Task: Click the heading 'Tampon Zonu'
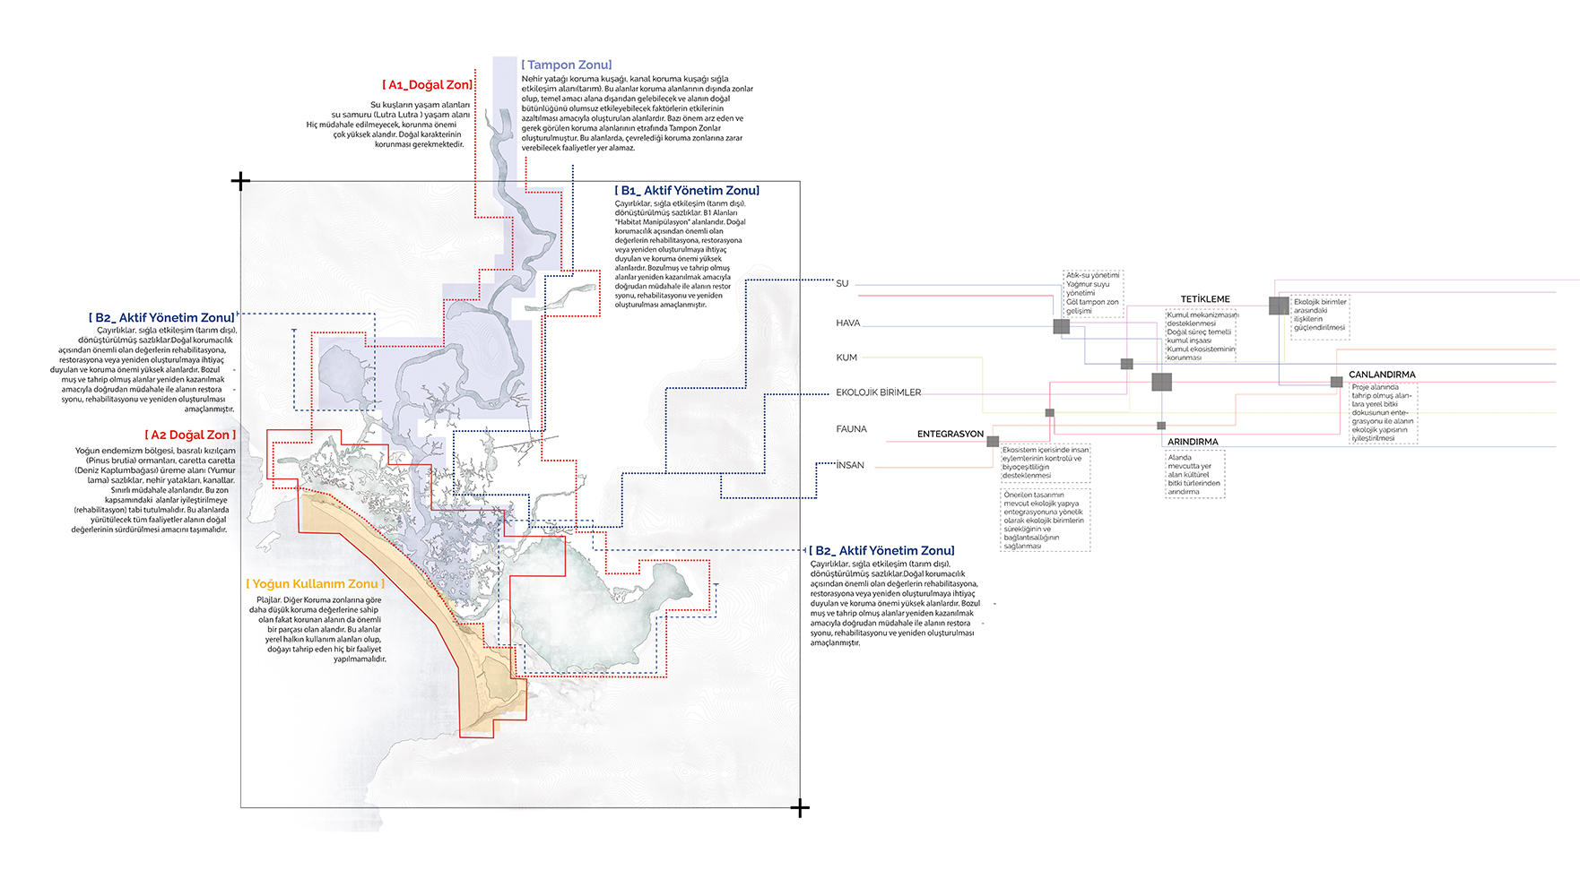[567, 65]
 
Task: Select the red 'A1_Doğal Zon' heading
[427, 84]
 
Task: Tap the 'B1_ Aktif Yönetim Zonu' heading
[687, 190]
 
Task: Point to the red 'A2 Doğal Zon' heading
[190, 435]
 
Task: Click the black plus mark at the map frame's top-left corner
[240, 181]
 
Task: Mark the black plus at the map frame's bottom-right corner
[800, 808]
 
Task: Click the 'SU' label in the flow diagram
[842, 283]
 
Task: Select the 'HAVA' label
[847, 323]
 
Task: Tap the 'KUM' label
[846, 358]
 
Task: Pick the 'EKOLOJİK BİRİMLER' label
[878, 392]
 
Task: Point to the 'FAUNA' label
[851, 429]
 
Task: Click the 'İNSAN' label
[850, 465]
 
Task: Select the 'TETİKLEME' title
[1205, 299]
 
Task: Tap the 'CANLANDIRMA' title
[1382, 375]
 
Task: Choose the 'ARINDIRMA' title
[1193, 442]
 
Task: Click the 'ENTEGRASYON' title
[950, 434]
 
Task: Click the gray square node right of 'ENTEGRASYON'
[993, 442]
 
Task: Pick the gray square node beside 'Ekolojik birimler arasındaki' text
[1279, 306]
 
